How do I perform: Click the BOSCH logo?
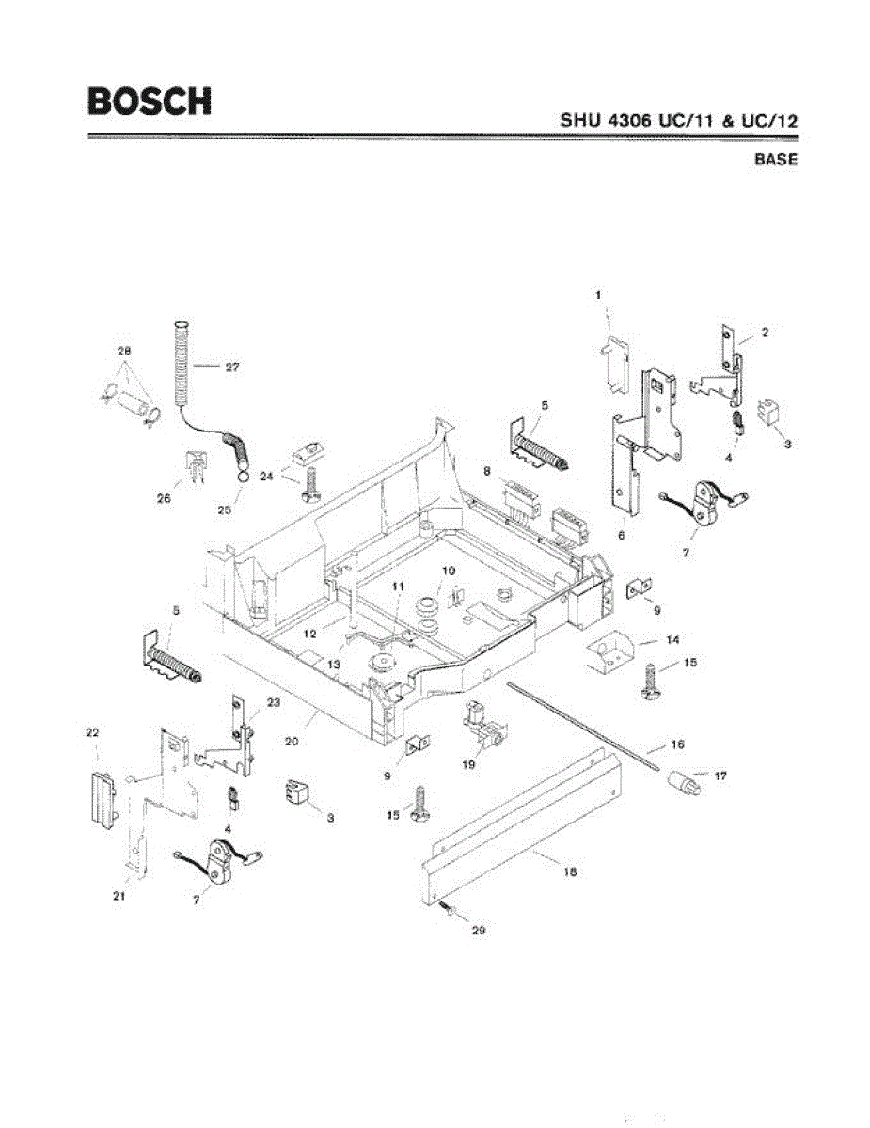(150, 100)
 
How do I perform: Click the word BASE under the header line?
(775, 160)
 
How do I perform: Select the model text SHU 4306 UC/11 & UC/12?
(678, 120)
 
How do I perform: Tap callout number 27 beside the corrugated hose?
(231, 368)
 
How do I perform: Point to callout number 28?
(124, 351)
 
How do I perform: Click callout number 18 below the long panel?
(569, 872)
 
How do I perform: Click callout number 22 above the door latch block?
(93, 732)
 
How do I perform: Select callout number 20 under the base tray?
(292, 741)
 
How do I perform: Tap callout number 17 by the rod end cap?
(720, 776)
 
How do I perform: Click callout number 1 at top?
(598, 295)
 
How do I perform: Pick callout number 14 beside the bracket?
(672, 639)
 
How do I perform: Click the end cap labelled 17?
(683, 781)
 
